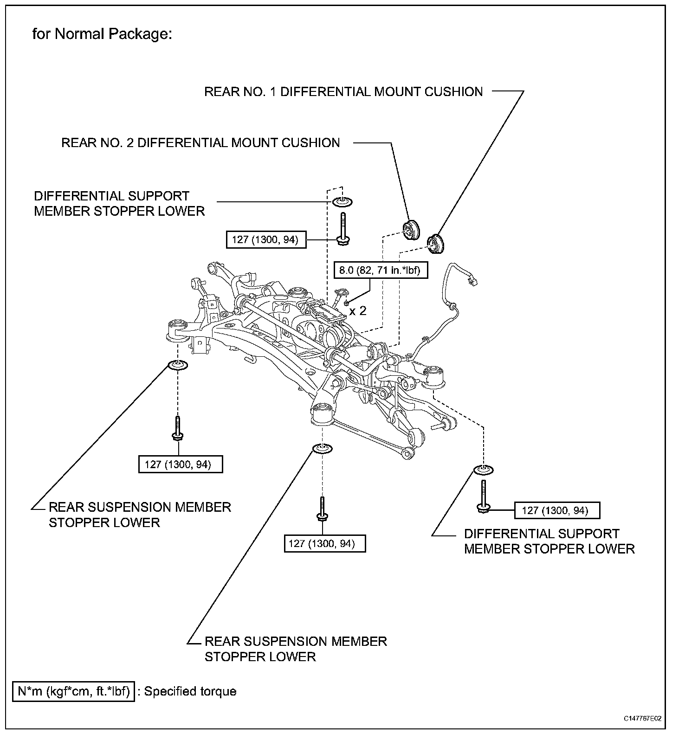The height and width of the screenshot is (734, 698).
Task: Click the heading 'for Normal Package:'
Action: click(x=102, y=34)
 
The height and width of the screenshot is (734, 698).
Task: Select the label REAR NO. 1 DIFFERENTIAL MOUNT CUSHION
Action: click(x=343, y=91)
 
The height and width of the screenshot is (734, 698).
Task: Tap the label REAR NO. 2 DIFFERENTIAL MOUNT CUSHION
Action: click(x=200, y=142)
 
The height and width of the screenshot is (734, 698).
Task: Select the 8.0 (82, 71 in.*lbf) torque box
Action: click(x=381, y=270)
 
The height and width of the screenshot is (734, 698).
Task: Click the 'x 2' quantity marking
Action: click(x=358, y=310)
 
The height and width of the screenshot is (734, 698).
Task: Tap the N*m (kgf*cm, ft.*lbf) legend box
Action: click(x=74, y=691)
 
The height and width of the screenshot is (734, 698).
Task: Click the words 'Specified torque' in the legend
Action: click(x=190, y=691)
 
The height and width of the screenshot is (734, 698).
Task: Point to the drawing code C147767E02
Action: click(x=642, y=718)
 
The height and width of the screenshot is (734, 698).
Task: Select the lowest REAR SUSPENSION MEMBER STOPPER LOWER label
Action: click(x=295, y=649)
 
